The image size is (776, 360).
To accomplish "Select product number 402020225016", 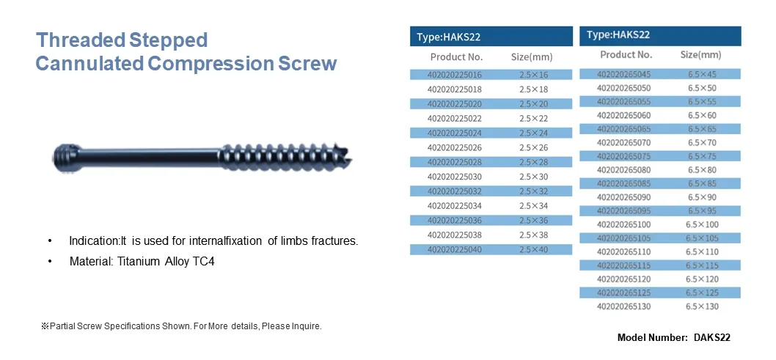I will [x=455, y=75].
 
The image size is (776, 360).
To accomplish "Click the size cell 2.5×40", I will [x=533, y=250].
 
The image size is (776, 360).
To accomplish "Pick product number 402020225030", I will [x=455, y=177].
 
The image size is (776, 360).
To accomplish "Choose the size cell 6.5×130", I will [x=703, y=306].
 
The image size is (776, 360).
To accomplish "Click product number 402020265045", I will [x=623, y=74].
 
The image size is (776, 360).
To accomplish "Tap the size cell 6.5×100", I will [x=703, y=224].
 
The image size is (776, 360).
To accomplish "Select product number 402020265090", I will [x=623, y=197].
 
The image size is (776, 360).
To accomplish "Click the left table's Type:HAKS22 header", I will [x=449, y=37].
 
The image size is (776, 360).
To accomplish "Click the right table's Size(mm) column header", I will [x=700, y=55].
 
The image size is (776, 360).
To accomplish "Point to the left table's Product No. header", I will [x=456, y=56].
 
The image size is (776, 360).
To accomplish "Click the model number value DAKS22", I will [x=711, y=337].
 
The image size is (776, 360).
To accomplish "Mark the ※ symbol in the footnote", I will [x=45, y=326].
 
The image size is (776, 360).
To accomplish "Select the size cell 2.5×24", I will [x=533, y=133].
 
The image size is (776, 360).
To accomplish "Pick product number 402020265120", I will [x=623, y=279].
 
